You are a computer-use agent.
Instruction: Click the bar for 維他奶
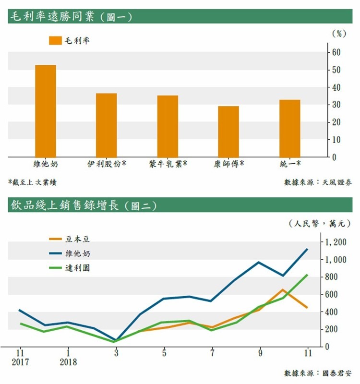tap(46, 110)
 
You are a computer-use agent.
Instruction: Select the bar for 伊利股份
tap(106, 125)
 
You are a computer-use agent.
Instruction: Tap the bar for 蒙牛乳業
tap(168, 126)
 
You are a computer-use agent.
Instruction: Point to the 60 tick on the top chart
tap(337, 52)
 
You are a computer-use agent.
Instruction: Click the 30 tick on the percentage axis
tap(337, 105)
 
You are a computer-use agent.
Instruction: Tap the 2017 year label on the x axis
tap(20, 362)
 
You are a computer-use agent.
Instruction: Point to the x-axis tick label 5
tap(164, 353)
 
